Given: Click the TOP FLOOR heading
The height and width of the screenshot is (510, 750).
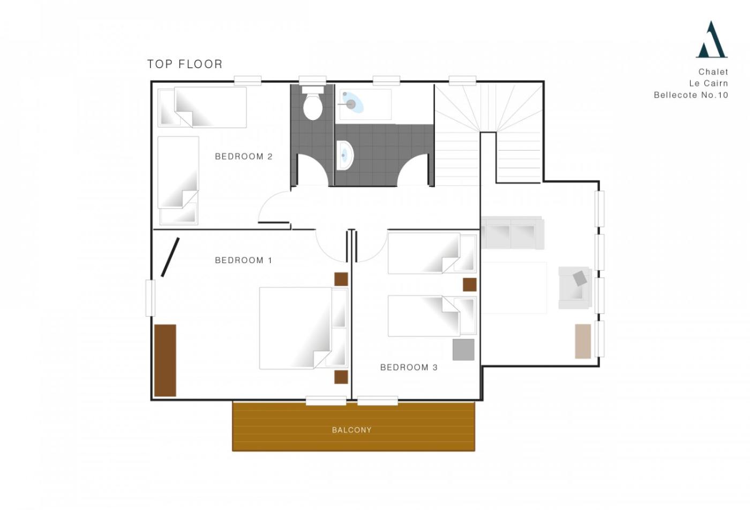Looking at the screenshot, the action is [x=185, y=64].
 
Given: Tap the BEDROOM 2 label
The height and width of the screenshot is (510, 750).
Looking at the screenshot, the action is [x=244, y=156].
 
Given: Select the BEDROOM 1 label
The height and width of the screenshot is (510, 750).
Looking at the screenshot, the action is [x=244, y=260].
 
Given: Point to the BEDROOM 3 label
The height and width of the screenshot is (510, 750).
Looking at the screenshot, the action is [x=409, y=367].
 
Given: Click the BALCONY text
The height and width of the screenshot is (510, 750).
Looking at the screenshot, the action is [x=351, y=430].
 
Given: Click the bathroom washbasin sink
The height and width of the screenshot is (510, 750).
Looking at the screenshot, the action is [x=344, y=156].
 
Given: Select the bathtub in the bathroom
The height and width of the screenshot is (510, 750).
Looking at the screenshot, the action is [x=365, y=104].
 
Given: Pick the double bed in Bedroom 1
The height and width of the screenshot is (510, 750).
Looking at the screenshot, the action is [x=303, y=328].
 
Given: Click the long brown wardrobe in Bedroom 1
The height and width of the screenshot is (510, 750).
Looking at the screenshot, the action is [x=165, y=361].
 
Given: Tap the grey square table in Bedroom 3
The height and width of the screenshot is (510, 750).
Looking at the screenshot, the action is [x=463, y=350].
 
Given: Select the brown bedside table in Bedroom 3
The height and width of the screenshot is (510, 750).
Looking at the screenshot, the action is [x=469, y=284].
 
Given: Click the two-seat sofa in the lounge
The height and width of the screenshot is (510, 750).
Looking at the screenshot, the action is [x=512, y=233].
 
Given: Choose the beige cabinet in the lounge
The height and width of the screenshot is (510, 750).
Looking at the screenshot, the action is [x=583, y=341].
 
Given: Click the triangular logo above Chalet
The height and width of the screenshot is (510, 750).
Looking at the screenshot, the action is [x=711, y=40].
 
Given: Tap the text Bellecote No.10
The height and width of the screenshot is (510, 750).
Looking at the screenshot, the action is [x=691, y=95].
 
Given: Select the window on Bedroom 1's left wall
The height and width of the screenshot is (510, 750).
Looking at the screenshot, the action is [x=151, y=298].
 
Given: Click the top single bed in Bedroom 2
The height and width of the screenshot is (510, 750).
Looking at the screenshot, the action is [x=202, y=107].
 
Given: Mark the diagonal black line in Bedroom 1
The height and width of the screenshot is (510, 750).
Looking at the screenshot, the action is [x=170, y=257].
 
